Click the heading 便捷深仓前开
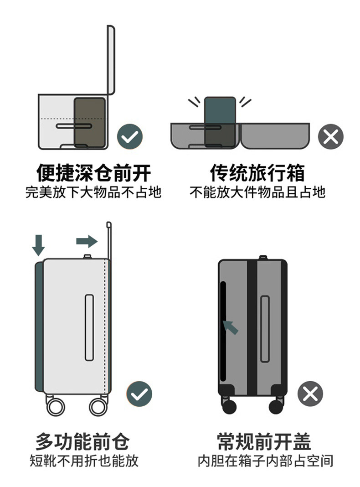pyautogui.click(x=93, y=173)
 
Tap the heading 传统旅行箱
pyautogui.click(x=257, y=173)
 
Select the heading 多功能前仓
pyautogui.click(x=82, y=442)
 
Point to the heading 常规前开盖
pyautogui.click(x=264, y=442)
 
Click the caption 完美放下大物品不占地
pyautogui.click(x=93, y=192)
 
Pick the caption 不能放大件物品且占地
pyautogui.click(x=257, y=192)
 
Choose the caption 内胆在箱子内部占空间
pyautogui.click(x=265, y=461)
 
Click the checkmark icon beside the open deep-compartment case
pyautogui.click(x=130, y=136)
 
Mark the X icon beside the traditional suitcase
pyautogui.click(x=330, y=136)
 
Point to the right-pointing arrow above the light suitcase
pyautogui.click(x=87, y=241)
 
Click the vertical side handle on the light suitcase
pyautogui.click(x=89, y=327)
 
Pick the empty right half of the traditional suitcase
pyautogui.click(x=275, y=135)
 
